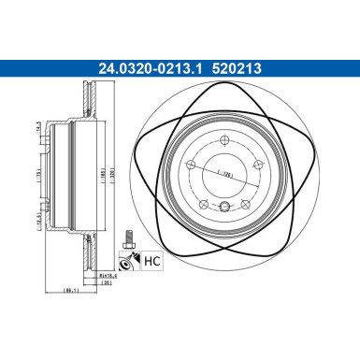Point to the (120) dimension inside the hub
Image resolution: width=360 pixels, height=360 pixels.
click(x=224, y=174)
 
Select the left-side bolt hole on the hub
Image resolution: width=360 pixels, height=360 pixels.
click(x=193, y=165)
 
